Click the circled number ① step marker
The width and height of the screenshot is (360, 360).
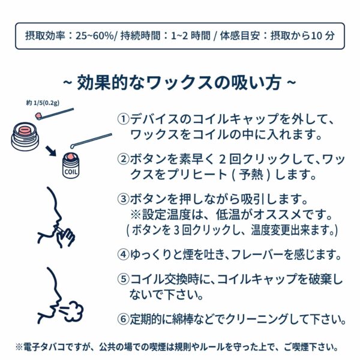point(123,119)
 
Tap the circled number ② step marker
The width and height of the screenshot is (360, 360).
point(123,159)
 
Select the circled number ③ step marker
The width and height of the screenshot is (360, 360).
point(123,199)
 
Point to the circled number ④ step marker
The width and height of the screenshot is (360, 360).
point(123,254)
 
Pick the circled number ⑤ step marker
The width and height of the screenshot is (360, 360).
point(123,279)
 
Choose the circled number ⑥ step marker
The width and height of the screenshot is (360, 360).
point(123,319)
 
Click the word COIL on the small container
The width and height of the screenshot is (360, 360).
point(71,172)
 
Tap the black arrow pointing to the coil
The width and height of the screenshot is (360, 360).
point(51,151)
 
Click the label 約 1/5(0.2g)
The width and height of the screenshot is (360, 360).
point(43,103)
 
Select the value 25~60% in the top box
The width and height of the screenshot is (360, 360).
point(95,36)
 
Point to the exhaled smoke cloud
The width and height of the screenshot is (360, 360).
point(73,311)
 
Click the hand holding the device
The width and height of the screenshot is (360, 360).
point(66,238)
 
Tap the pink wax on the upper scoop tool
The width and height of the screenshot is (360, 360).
point(38,115)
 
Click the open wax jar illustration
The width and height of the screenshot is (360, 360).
point(25,136)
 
